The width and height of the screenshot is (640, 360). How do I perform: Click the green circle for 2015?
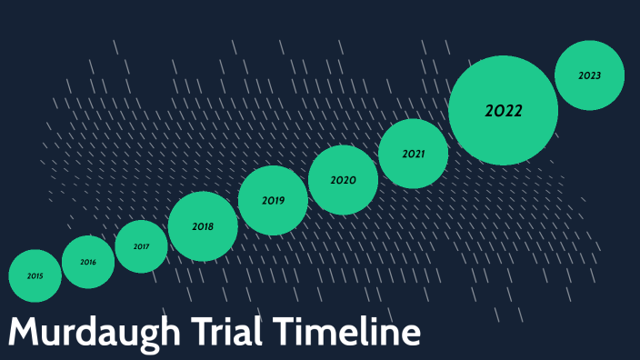(x=35, y=275)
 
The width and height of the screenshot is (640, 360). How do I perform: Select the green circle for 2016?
(x=88, y=262)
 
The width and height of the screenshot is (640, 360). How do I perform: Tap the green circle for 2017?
(x=141, y=246)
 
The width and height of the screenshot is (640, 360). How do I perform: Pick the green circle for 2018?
(x=203, y=226)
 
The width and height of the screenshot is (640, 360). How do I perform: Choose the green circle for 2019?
(x=273, y=200)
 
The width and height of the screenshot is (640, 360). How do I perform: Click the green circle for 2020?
(x=343, y=180)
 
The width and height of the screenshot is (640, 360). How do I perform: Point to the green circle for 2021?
(x=414, y=154)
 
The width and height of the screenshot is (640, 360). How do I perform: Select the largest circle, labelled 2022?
(x=503, y=110)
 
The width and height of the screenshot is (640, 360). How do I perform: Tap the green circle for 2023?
(x=589, y=75)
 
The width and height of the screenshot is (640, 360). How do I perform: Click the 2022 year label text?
(x=503, y=111)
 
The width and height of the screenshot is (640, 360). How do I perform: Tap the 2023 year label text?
(x=589, y=75)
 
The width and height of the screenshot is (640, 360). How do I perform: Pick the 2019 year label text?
(x=273, y=200)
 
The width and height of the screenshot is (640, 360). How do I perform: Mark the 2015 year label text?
(x=35, y=275)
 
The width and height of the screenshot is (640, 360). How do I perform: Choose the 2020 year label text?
(x=343, y=180)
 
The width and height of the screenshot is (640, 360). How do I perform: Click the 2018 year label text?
(x=203, y=226)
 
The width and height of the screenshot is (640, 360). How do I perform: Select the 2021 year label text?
(x=414, y=154)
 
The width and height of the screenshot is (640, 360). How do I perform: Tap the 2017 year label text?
(x=141, y=246)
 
